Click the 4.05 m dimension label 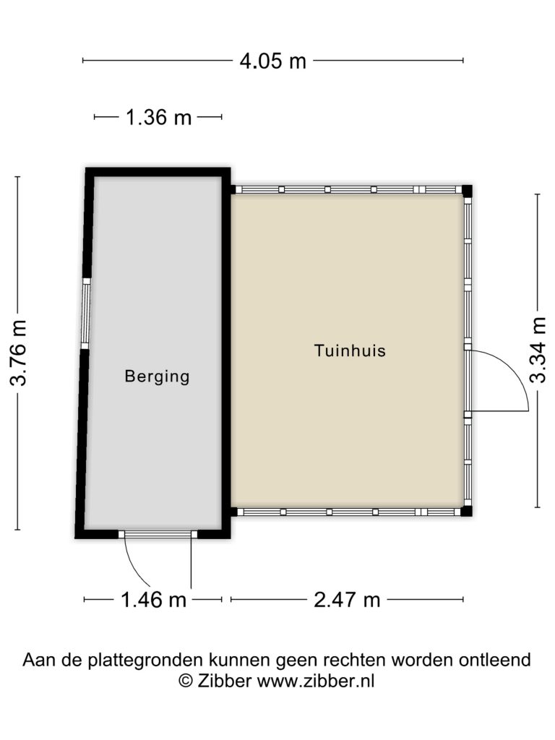click(272, 61)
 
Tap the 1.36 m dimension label click(158, 118)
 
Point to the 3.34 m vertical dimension click(538, 350)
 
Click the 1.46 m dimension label click(154, 600)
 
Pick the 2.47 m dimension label click(347, 600)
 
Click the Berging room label click(157, 377)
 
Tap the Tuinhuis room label click(350, 350)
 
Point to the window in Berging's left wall click(85, 314)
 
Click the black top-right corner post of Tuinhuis click(467, 191)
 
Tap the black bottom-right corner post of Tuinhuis click(466, 511)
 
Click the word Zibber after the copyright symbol click(224, 681)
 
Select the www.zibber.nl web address click(316, 681)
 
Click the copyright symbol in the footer click(186, 681)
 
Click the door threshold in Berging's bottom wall click(158, 534)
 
